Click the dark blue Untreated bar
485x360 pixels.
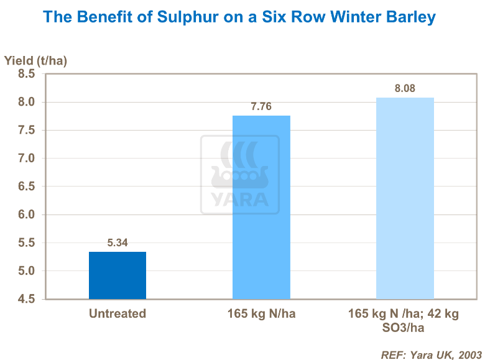[x=118, y=275]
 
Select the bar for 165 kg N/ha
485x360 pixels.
[x=261, y=207]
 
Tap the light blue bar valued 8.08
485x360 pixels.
[x=405, y=198]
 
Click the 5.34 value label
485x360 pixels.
[x=118, y=243]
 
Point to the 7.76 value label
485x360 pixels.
[x=261, y=107]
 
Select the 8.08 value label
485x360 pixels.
[x=405, y=89]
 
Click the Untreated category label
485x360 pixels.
[x=118, y=314]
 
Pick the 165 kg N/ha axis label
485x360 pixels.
[x=261, y=314]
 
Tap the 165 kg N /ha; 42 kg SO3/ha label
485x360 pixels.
[x=405, y=321]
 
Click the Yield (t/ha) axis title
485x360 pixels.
[x=35, y=61]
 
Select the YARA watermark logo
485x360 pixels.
[x=239, y=175]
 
